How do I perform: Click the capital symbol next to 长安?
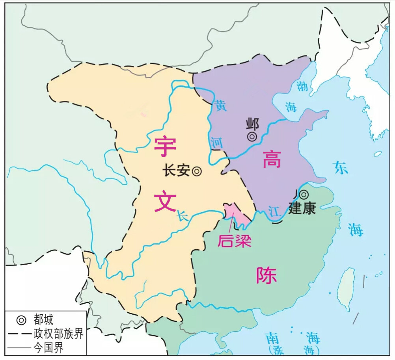197,171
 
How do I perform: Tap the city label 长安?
176,171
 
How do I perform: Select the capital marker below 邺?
252,136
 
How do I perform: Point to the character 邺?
252,124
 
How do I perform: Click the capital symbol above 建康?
304,194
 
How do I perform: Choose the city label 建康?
302,208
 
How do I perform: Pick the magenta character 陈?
266,275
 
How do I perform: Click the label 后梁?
235,240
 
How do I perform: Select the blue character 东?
341,167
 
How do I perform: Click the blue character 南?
272,338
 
